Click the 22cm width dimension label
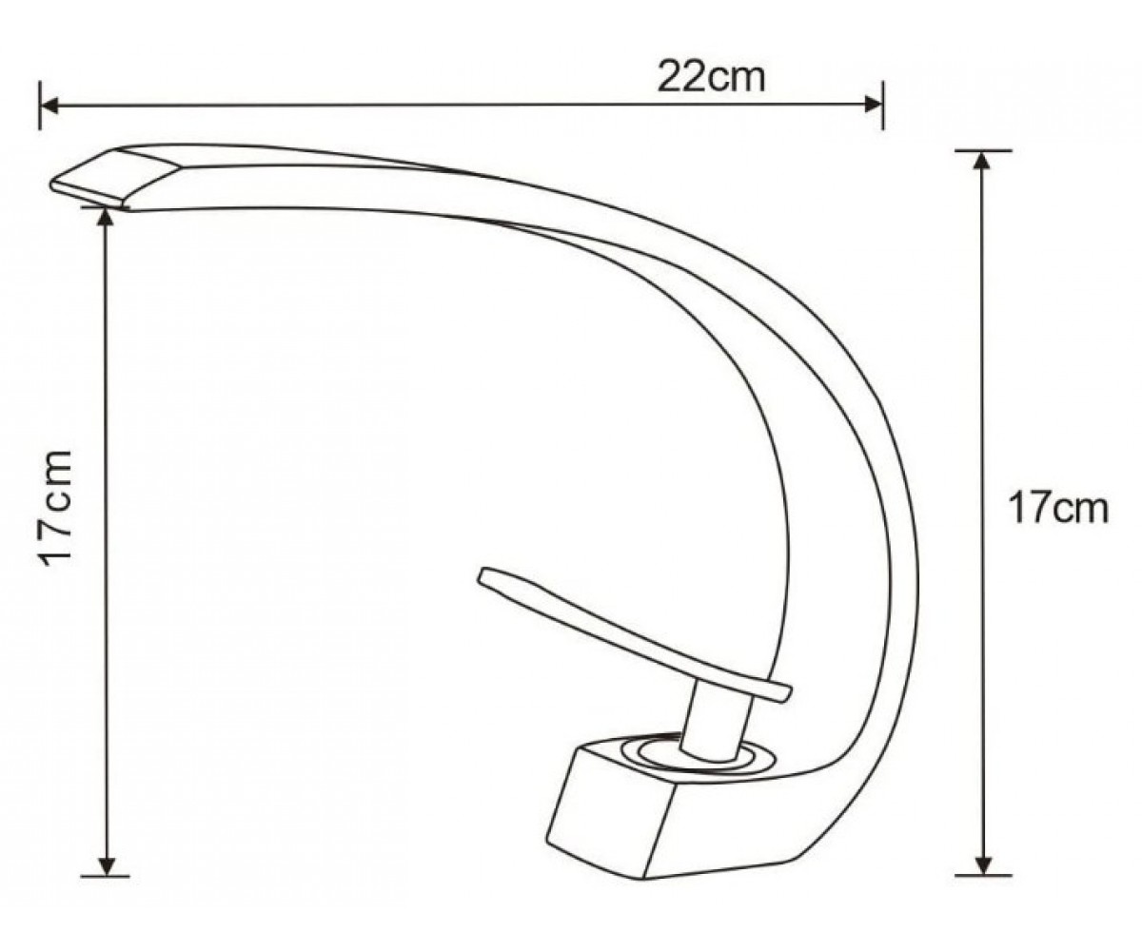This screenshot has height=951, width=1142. (711, 78)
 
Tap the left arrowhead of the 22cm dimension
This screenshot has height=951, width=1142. (49, 105)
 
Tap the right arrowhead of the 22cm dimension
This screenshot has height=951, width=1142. (873, 105)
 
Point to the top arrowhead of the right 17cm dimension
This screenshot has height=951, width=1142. (983, 161)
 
